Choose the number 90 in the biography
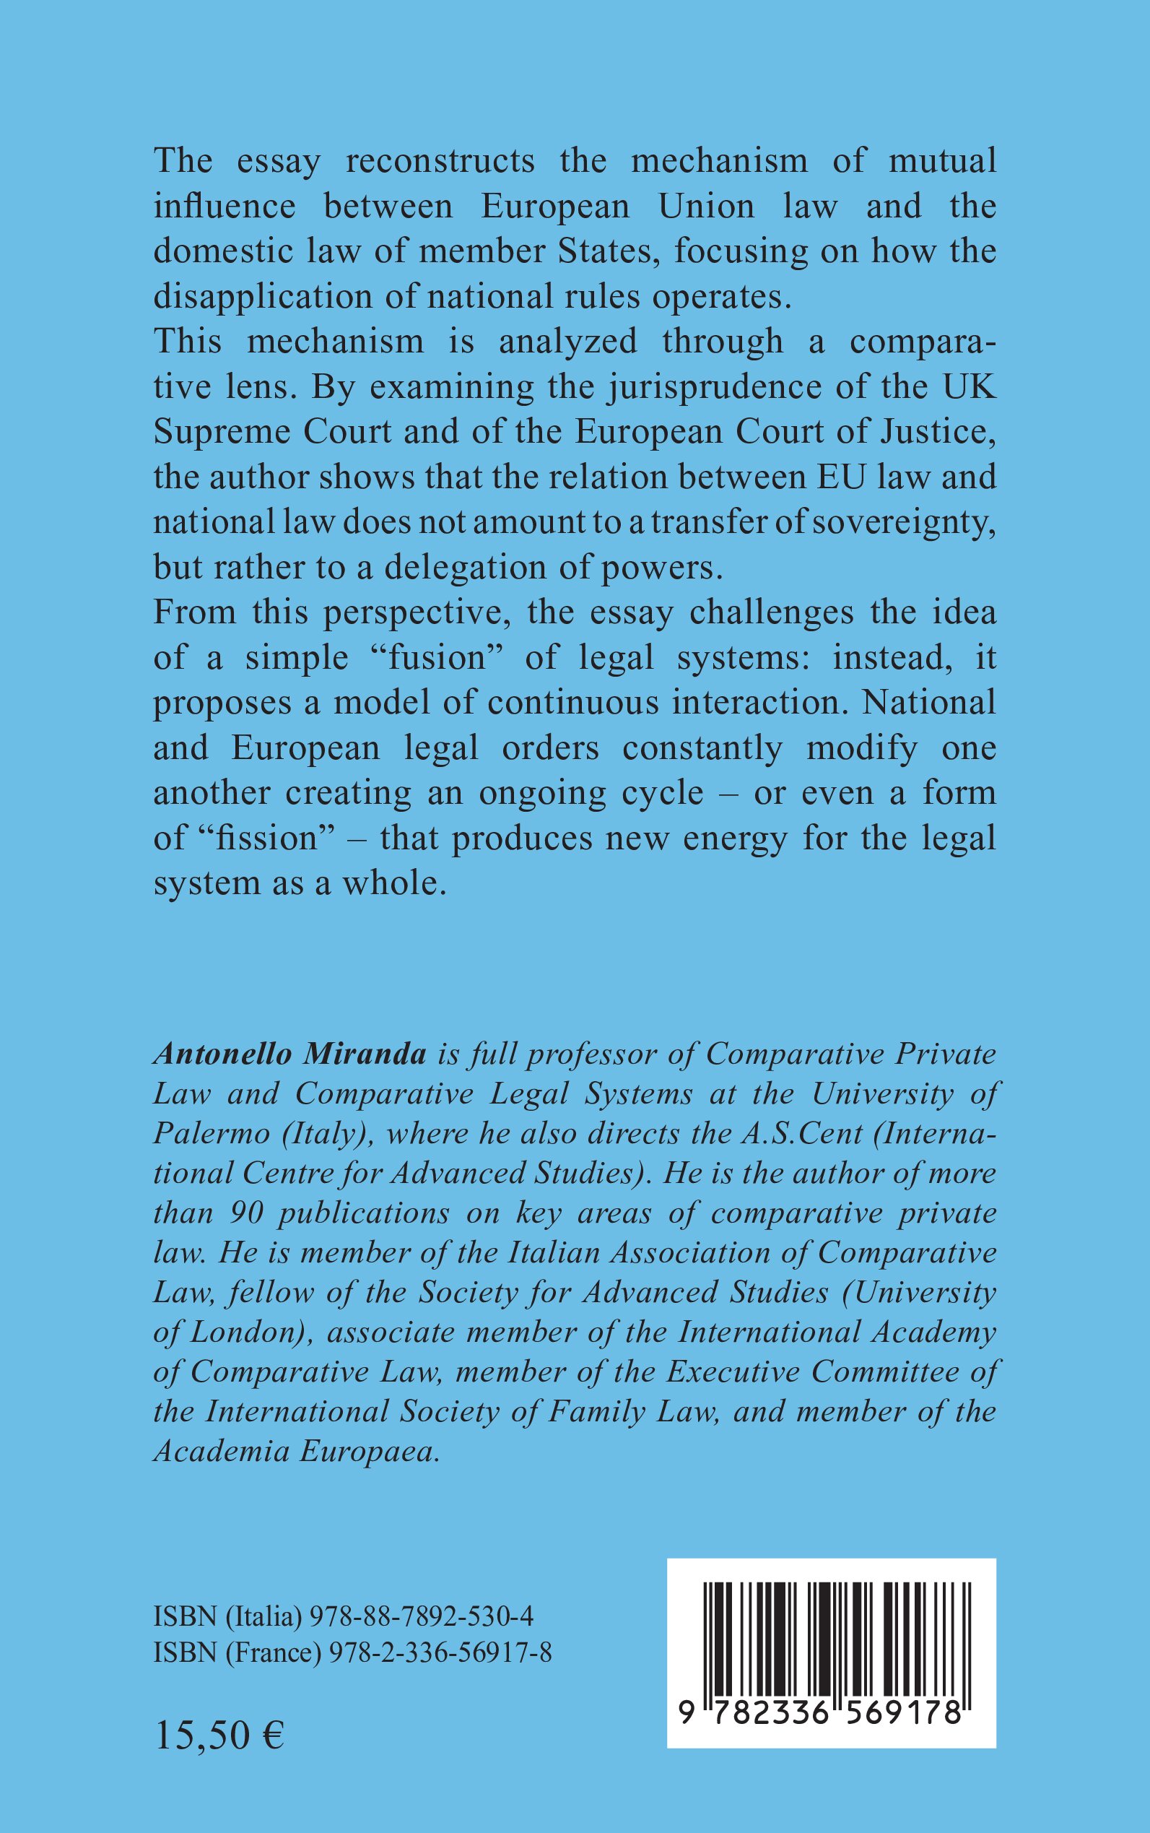(x=245, y=1213)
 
